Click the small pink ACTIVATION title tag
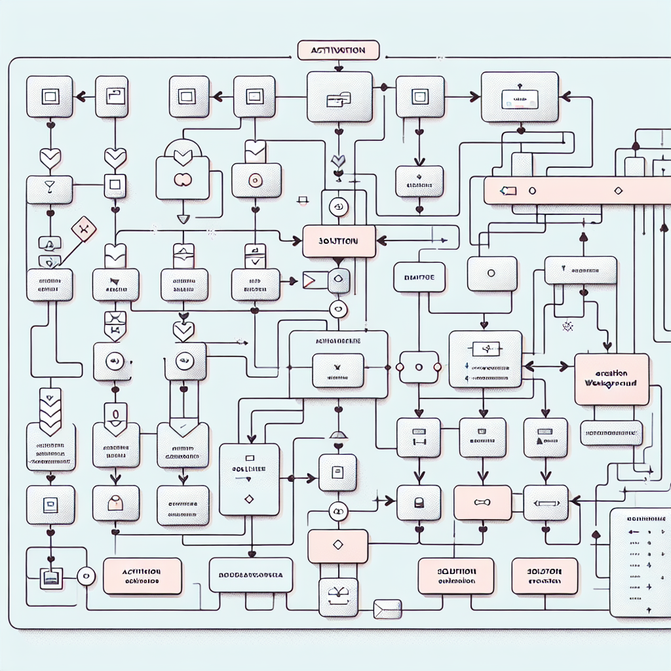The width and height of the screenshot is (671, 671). pos(339,50)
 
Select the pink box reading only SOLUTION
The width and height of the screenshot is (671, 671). pos(339,241)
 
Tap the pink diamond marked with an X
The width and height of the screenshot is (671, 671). pos(83,229)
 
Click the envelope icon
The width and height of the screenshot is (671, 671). pos(386,609)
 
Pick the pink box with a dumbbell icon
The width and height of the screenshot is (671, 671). pos(482,503)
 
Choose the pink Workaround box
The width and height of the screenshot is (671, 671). pos(611,379)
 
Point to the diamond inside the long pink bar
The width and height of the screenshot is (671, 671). pos(617,191)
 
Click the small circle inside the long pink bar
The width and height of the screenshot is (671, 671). pos(532,191)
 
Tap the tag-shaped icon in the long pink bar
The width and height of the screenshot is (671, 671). pos(508,191)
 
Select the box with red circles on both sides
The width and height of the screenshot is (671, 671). pos(419,367)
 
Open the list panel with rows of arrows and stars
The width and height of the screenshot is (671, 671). pos(640,562)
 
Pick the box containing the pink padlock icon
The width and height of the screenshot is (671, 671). pos(115,503)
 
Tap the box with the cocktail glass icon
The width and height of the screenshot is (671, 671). pos(49,189)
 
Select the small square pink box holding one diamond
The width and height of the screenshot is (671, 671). pos(337,546)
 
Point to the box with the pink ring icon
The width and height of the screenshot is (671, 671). pos(256,180)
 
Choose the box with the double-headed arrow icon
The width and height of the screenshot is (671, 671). pos(545,503)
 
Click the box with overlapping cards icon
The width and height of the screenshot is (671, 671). pos(339,98)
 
